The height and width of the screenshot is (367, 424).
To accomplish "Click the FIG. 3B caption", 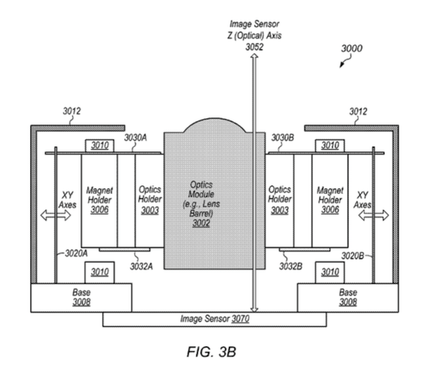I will [212, 349].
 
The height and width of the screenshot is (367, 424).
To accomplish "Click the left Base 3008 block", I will [80, 296].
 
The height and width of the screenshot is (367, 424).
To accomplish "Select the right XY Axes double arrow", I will [375, 216].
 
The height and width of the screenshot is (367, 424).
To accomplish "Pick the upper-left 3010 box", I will [98, 145].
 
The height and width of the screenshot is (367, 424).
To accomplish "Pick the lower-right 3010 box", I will [329, 272].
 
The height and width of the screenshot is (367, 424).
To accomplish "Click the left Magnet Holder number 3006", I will [100, 210].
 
